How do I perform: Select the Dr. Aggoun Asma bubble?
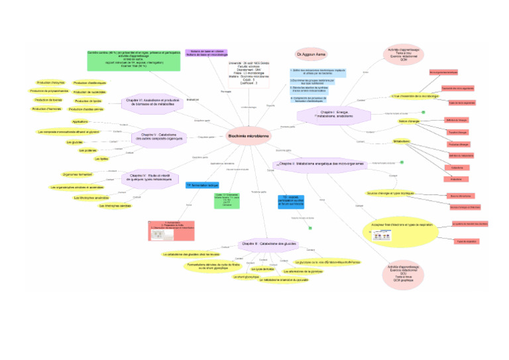(310, 52)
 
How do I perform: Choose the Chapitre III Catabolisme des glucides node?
(258, 243)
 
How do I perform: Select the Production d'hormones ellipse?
(47, 109)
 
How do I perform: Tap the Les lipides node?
(101, 159)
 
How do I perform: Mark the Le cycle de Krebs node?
(262, 269)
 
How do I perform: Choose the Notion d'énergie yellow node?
(409, 121)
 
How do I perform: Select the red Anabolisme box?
(456, 179)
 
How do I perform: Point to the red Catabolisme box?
(457, 168)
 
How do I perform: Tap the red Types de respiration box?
(466, 241)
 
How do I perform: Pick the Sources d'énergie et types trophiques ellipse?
(389, 193)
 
